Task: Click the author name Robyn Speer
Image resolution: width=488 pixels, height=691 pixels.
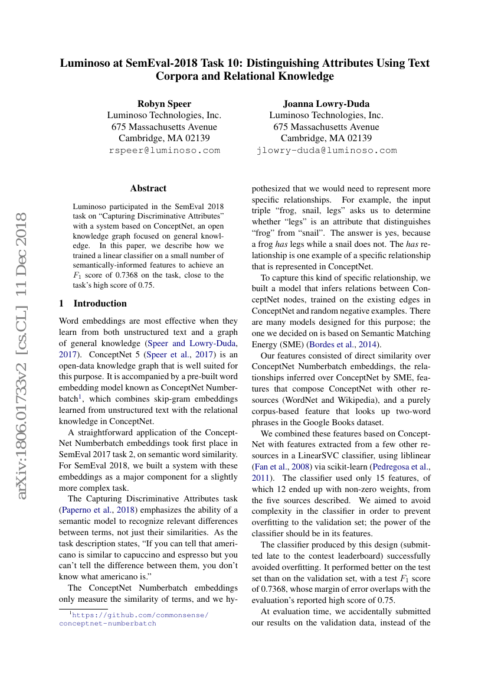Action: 164,104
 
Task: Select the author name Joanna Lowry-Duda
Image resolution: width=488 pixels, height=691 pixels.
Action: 326,104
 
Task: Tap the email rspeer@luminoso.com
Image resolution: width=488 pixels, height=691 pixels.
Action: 164,150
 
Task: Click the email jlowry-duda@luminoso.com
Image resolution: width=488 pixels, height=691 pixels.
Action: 326,150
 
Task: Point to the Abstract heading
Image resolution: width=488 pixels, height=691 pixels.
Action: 148,188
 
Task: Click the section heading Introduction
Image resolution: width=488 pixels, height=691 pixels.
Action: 100,304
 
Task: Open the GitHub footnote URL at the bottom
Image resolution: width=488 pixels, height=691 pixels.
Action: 134,619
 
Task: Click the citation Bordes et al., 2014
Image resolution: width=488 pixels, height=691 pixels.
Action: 346,344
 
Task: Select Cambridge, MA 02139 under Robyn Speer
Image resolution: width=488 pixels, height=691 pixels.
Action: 164,138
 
